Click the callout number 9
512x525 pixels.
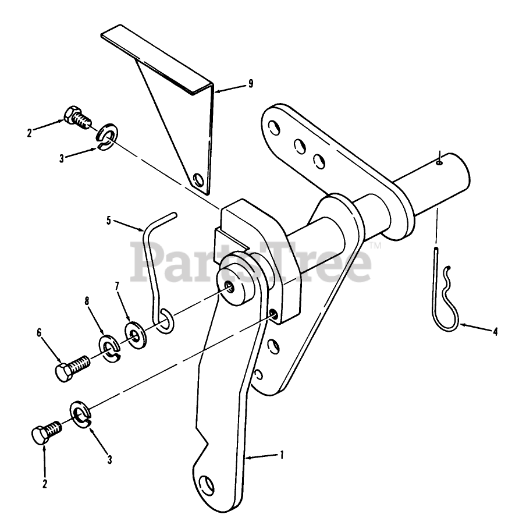[250, 84]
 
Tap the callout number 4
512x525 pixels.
[495, 333]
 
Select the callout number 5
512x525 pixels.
[108, 220]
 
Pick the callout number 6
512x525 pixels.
[40, 332]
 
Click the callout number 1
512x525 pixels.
[282, 455]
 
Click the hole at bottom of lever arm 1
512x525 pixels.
[205, 484]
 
